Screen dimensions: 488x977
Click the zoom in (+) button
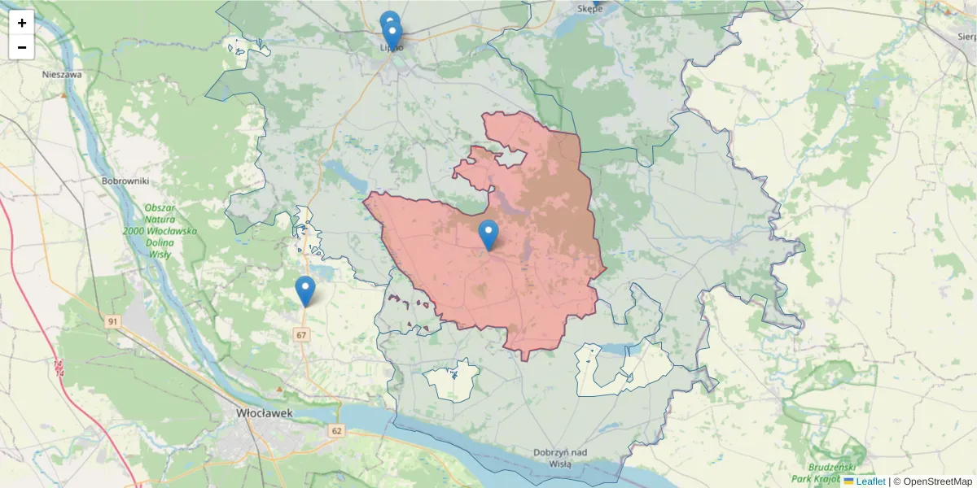[22, 23]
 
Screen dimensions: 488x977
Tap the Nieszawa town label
[63, 74]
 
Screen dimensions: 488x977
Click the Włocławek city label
[264, 413]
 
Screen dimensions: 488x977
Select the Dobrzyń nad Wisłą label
[561, 458]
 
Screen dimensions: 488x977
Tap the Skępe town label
[589, 9]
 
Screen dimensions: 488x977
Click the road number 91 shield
[112, 322]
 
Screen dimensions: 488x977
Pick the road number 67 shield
[302, 335]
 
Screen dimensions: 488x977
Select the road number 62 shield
[336, 429]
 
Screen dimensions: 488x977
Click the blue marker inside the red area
[488, 234]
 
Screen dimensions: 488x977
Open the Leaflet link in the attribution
[870, 481]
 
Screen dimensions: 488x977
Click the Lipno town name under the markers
[392, 48]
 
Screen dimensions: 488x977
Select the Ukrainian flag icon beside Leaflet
[849, 481]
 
